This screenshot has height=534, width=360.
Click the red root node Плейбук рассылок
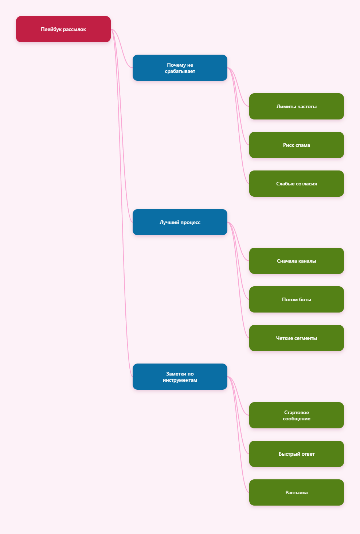[63, 29]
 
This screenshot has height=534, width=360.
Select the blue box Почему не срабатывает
[180, 68]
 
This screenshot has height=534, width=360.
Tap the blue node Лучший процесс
[180, 222]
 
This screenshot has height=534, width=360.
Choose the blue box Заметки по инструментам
[180, 377]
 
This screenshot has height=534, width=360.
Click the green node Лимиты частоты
[296, 106]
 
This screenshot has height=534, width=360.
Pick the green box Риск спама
[296, 145]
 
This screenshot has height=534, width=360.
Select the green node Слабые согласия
[296, 184]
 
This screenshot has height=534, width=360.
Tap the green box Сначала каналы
[296, 261]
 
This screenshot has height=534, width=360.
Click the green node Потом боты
[296, 299]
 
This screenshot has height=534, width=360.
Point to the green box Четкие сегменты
[296, 338]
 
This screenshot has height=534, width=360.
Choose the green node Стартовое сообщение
[296, 415]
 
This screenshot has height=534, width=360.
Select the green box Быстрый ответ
[296, 454]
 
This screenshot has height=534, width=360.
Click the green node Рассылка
[296, 492]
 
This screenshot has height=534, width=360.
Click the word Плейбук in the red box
[51, 29]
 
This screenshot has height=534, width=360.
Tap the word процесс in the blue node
[190, 223]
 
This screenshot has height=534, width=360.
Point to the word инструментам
[180, 380]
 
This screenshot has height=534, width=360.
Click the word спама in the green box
[303, 145]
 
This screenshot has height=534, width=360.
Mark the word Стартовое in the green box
[296, 412]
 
